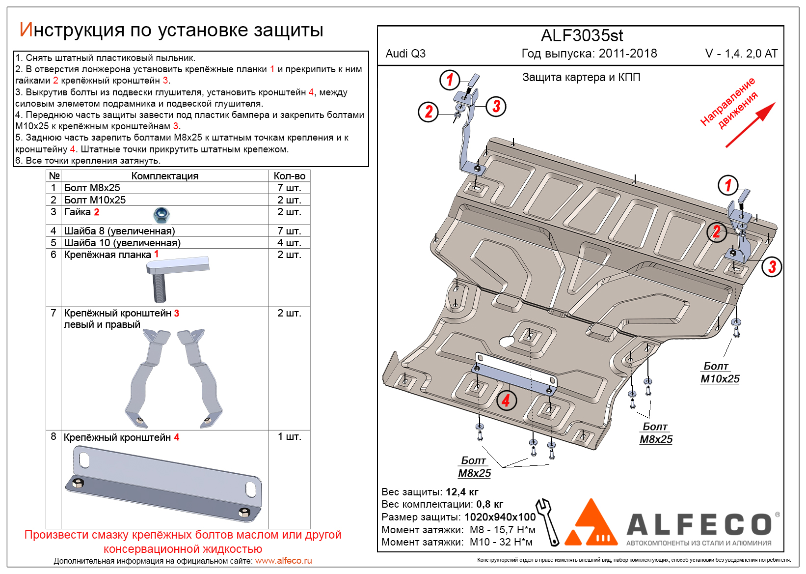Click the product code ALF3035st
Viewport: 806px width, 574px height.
(x=582, y=36)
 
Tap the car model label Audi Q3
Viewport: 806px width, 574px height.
(x=405, y=54)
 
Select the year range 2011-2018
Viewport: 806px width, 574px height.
(x=628, y=54)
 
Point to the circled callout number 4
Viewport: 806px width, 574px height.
(x=506, y=401)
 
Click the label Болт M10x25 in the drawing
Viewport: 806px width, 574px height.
(x=720, y=373)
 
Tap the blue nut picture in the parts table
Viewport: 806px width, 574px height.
(x=161, y=215)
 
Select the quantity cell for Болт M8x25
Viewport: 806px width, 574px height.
(x=289, y=188)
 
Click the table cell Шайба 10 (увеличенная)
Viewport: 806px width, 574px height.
(x=122, y=243)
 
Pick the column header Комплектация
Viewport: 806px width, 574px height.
(x=164, y=176)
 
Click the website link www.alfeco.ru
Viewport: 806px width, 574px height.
(x=283, y=561)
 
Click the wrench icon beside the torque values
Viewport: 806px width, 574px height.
(x=547, y=521)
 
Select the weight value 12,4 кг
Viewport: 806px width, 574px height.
(x=462, y=492)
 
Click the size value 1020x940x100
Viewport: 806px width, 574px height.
(x=500, y=517)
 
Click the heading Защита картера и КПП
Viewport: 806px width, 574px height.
(x=581, y=77)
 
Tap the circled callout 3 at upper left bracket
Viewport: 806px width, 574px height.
(x=496, y=106)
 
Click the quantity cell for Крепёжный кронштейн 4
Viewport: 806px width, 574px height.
(x=289, y=436)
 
